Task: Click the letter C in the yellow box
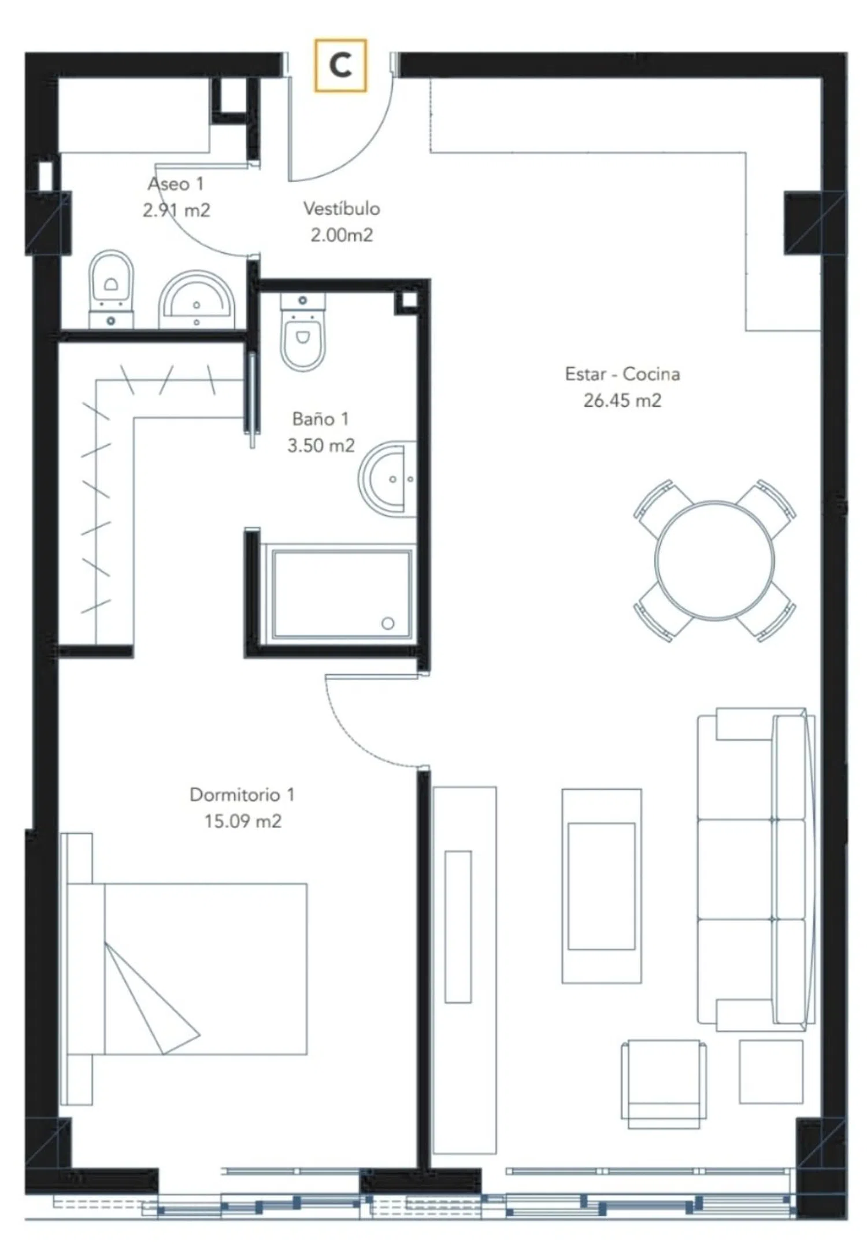point(340,65)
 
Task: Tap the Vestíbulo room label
point(342,208)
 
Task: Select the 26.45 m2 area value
point(622,400)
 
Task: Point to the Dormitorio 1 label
point(242,795)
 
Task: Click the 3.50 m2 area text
point(321,445)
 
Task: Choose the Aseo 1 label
point(176,184)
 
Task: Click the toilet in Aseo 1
point(111,289)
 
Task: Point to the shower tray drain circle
point(388,623)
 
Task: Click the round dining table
point(714,560)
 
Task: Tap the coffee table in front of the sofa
point(601,886)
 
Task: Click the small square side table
point(771,1072)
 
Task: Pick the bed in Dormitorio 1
point(185,969)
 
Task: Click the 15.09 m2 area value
point(243,821)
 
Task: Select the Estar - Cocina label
point(623,374)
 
